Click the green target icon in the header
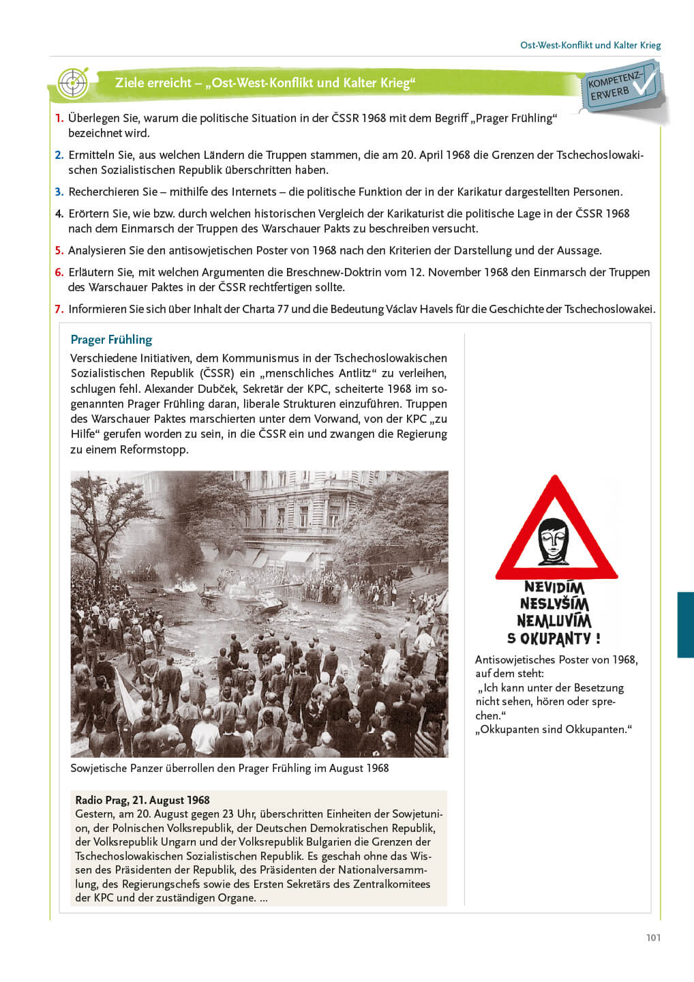[x=72, y=83]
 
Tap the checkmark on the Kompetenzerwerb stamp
[x=644, y=81]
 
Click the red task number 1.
[x=59, y=118]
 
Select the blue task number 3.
[x=59, y=192]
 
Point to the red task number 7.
[x=59, y=309]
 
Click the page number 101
[x=653, y=938]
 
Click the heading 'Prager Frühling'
[x=111, y=340]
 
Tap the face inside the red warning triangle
[x=554, y=541]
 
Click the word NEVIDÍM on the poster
[x=554, y=587]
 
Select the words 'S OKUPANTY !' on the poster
[x=554, y=639]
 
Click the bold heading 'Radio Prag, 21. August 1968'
[x=142, y=800]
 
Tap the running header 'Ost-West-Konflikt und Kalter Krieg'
[x=590, y=45]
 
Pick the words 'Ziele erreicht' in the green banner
[x=153, y=83]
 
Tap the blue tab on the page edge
[x=685, y=625]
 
